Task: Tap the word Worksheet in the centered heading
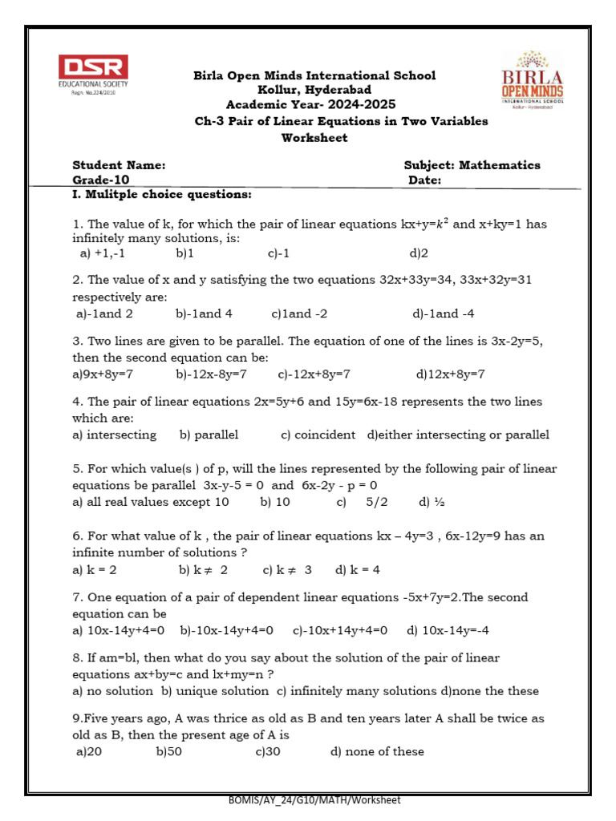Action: [x=314, y=138]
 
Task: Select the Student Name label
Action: [x=119, y=165]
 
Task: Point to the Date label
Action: [x=425, y=180]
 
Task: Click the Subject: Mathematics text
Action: [x=472, y=165]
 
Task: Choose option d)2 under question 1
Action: [x=419, y=253]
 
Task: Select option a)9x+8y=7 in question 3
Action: [x=103, y=374]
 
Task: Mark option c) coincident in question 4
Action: [x=318, y=435]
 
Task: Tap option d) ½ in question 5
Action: [x=430, y=502]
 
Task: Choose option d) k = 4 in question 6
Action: [x=358, y=570]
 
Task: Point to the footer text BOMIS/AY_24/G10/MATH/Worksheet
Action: [x=314, y=799]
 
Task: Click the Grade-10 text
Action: [x=101, y=180]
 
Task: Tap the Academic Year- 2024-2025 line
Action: [x=310, y=105]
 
